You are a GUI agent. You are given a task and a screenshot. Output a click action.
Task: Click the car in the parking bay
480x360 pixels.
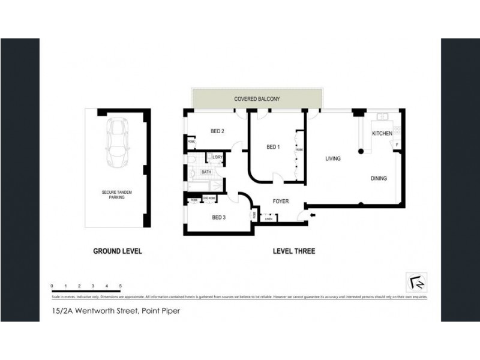[x=117, y=143]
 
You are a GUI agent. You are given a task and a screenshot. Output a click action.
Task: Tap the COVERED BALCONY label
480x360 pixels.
[x=257, y=99]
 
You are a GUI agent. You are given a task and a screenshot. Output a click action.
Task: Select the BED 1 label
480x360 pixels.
[x=273, y=147]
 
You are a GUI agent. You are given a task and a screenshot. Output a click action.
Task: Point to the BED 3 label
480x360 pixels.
[x=218, y=218]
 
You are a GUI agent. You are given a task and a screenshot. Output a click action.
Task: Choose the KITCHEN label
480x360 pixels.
[x=382, y=133]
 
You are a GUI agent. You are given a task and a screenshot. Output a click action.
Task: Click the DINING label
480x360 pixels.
[x=379, y=178]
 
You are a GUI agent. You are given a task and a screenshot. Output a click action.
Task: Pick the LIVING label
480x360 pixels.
[x=333, y=159]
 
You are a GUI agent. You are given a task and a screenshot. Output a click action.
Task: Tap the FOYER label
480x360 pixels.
[x=281, y=201]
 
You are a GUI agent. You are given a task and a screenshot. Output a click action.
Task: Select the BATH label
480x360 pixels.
[x=206, y=172]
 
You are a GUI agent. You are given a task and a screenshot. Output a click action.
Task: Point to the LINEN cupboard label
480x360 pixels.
[x=268, y=219]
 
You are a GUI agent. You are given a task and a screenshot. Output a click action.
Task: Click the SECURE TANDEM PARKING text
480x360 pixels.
[x=116, y=194]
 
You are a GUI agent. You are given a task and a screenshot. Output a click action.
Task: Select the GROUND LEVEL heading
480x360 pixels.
[x=117, y=251]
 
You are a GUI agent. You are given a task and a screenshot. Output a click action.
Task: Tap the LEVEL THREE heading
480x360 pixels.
[x=293, y=251]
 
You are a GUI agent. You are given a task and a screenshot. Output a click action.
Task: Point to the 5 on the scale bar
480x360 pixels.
[x=121, y=285]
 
